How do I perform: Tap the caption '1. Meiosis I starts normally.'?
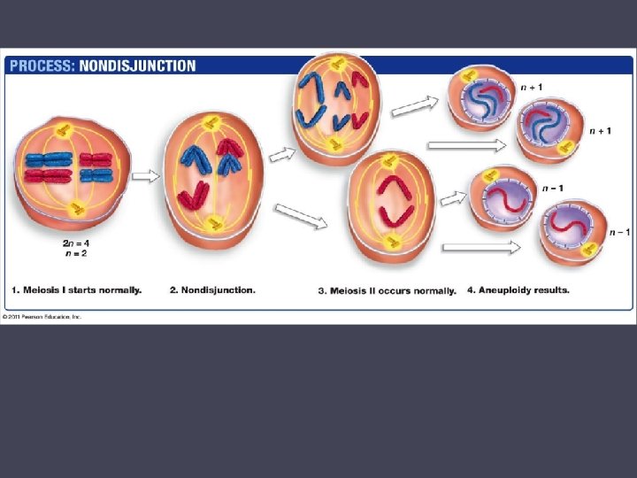click(77, 289)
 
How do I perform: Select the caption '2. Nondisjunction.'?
click(212, 289)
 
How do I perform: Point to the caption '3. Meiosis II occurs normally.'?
click(388, 290)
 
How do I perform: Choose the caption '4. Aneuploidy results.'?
click(518, 289)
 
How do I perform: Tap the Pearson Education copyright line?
click(42, 316)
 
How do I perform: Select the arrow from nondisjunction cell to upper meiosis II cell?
click(282, 154)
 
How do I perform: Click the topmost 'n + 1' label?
click(532, 88)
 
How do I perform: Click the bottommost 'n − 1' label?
click(624, 232)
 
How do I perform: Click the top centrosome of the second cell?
click(211, 125)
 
